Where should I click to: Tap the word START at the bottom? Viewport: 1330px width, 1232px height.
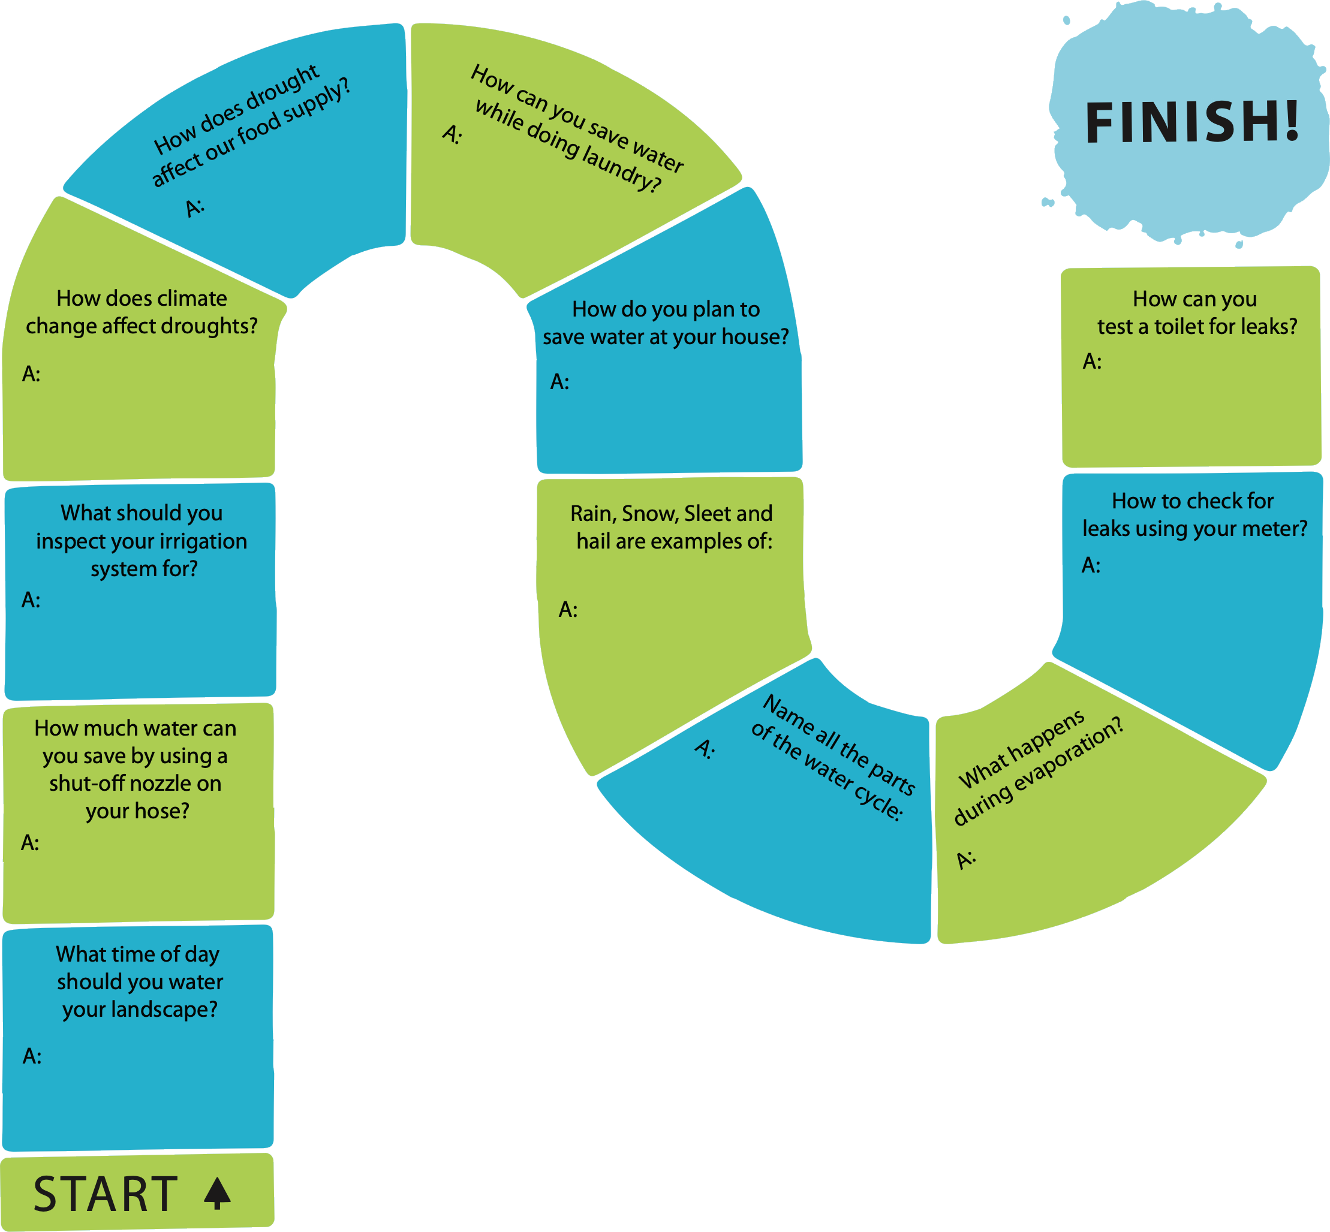click(106, 1194)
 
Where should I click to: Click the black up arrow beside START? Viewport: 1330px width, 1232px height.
click(217, 1194)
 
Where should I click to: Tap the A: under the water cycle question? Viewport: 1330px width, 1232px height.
click(704, 749)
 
